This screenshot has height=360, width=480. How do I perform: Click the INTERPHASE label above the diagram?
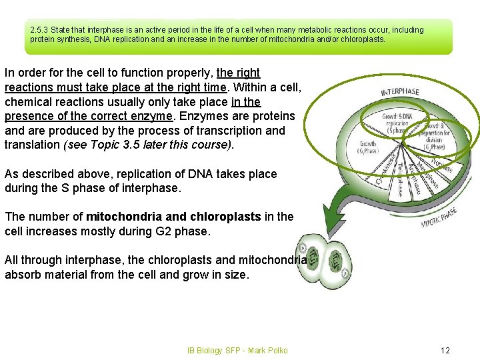[400, 91]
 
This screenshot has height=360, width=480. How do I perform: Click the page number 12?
[446, 350]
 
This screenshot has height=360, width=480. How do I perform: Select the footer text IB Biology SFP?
[214, 350]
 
